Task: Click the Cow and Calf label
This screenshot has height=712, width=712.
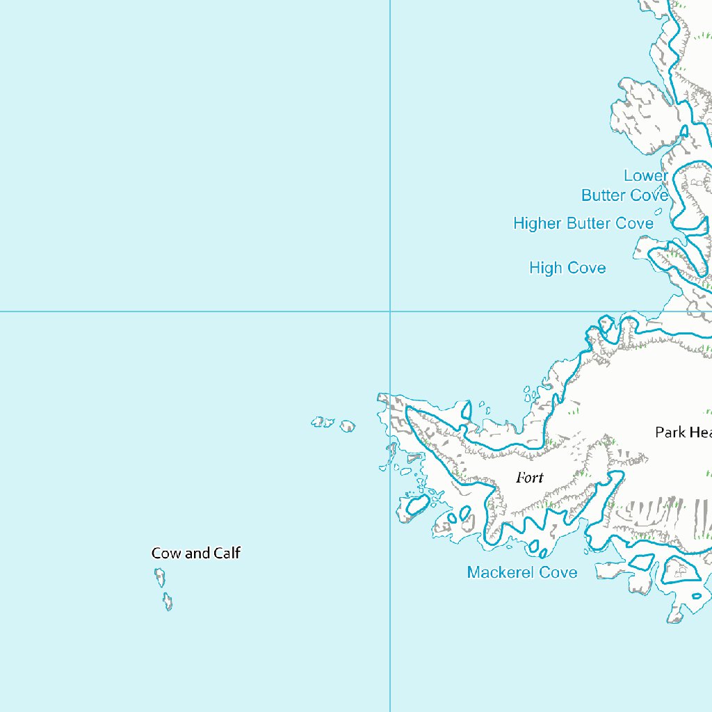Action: pos(196,553)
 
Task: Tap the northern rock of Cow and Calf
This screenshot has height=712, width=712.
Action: pos(160,577)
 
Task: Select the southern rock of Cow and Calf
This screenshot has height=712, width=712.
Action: pos(168,601)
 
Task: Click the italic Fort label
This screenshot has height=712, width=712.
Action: pos(530,478)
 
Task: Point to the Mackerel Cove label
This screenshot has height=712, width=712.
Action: pos(521,572)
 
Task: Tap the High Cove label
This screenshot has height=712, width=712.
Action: pos(567,268)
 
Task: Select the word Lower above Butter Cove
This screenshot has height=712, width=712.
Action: pos(645,176)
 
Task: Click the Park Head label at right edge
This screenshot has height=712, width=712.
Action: pos(683,432)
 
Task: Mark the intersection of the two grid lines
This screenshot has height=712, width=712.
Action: pos(390,311)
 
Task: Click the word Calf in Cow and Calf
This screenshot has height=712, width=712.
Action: pos(227,553)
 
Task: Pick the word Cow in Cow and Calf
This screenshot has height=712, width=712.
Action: pos(166,553)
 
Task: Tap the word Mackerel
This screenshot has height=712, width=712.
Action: pos(502,572)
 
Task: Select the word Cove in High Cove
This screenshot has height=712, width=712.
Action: pos(587,268)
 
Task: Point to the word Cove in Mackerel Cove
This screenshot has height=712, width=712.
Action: pos(559,572)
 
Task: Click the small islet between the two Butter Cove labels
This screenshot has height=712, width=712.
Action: pos(658,211)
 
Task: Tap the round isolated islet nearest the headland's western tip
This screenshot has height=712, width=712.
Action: pos(348,426)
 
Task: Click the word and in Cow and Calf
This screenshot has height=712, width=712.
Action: pos(197,553)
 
